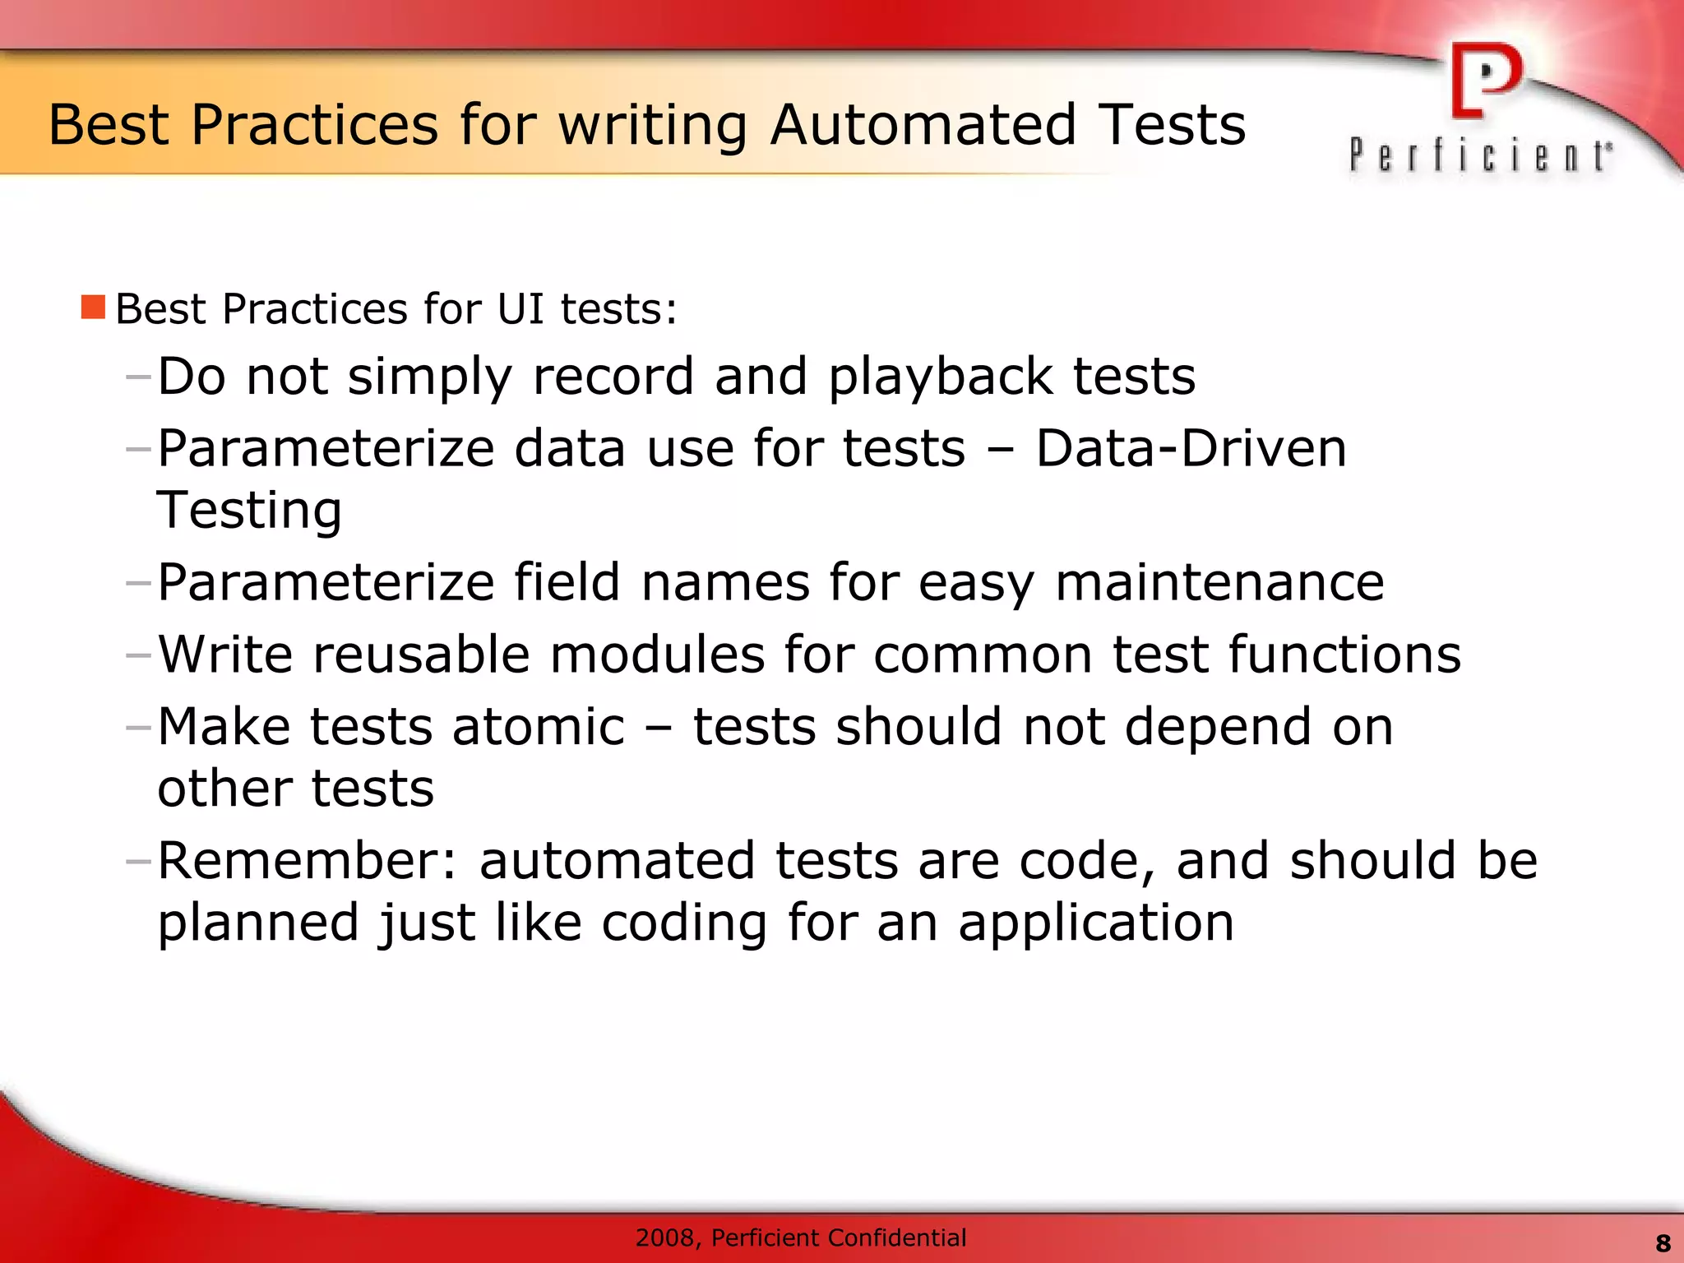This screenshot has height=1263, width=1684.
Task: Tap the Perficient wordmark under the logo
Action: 1480,155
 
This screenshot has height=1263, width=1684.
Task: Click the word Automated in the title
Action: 923,125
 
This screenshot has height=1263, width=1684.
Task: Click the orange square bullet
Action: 93,308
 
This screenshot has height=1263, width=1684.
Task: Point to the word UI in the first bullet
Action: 520,309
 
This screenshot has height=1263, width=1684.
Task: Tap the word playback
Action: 940,377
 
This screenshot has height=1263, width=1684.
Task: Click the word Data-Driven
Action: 1190,449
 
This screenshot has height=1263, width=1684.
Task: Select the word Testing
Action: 249,511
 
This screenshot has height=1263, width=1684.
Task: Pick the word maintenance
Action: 1219,582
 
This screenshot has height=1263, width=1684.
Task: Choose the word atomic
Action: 539,727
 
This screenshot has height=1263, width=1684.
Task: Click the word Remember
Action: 307,861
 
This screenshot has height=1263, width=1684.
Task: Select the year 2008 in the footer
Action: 667,1238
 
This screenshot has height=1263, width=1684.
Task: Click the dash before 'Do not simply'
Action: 138,377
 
